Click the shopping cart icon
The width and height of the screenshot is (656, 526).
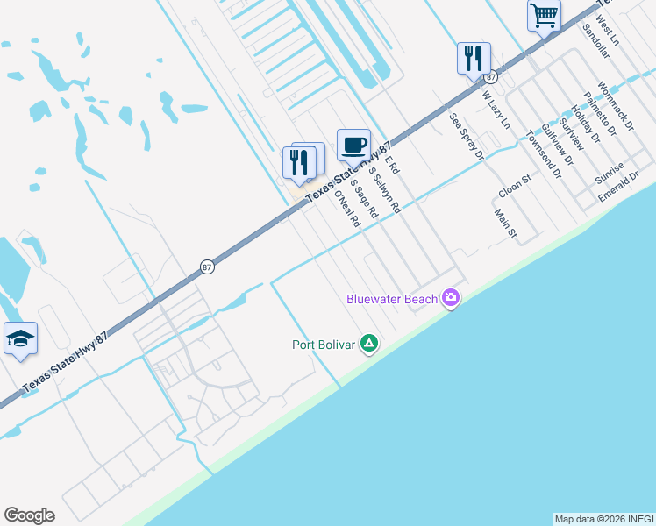coord(544,15)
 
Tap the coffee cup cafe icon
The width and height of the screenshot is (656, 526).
coord(353,144)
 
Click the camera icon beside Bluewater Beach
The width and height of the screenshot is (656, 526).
coord(451,299)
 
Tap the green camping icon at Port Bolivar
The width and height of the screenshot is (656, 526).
coord(369,345)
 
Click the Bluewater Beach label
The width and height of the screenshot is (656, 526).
coord(391,299)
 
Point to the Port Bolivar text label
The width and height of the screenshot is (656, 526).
coord(324,345)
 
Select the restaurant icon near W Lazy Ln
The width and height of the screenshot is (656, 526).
coord(474,59)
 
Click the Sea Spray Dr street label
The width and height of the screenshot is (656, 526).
coord(466,136)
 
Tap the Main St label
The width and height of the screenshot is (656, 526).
coord(506,224)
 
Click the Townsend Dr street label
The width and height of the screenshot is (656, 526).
coord(543,155)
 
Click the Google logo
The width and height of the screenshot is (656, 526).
coord(29,515)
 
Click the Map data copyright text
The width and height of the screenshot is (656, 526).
coord(603,519)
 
